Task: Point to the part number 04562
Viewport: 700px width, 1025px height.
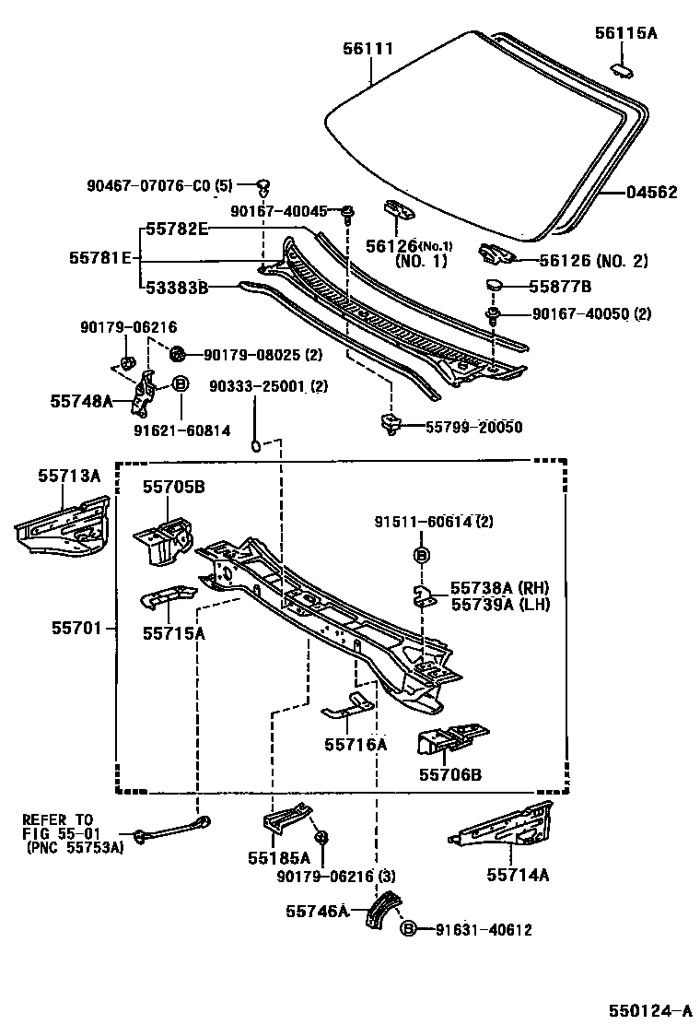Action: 651,193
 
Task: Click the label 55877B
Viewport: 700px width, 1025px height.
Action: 560,287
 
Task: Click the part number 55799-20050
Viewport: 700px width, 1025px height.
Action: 473,427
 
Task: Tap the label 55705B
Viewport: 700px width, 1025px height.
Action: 173,487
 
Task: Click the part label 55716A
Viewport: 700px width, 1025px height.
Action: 355,744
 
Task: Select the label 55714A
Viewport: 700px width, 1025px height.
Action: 518,875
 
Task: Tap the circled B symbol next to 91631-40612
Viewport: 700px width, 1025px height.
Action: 410,930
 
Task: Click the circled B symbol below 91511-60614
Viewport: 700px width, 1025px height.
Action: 421,555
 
